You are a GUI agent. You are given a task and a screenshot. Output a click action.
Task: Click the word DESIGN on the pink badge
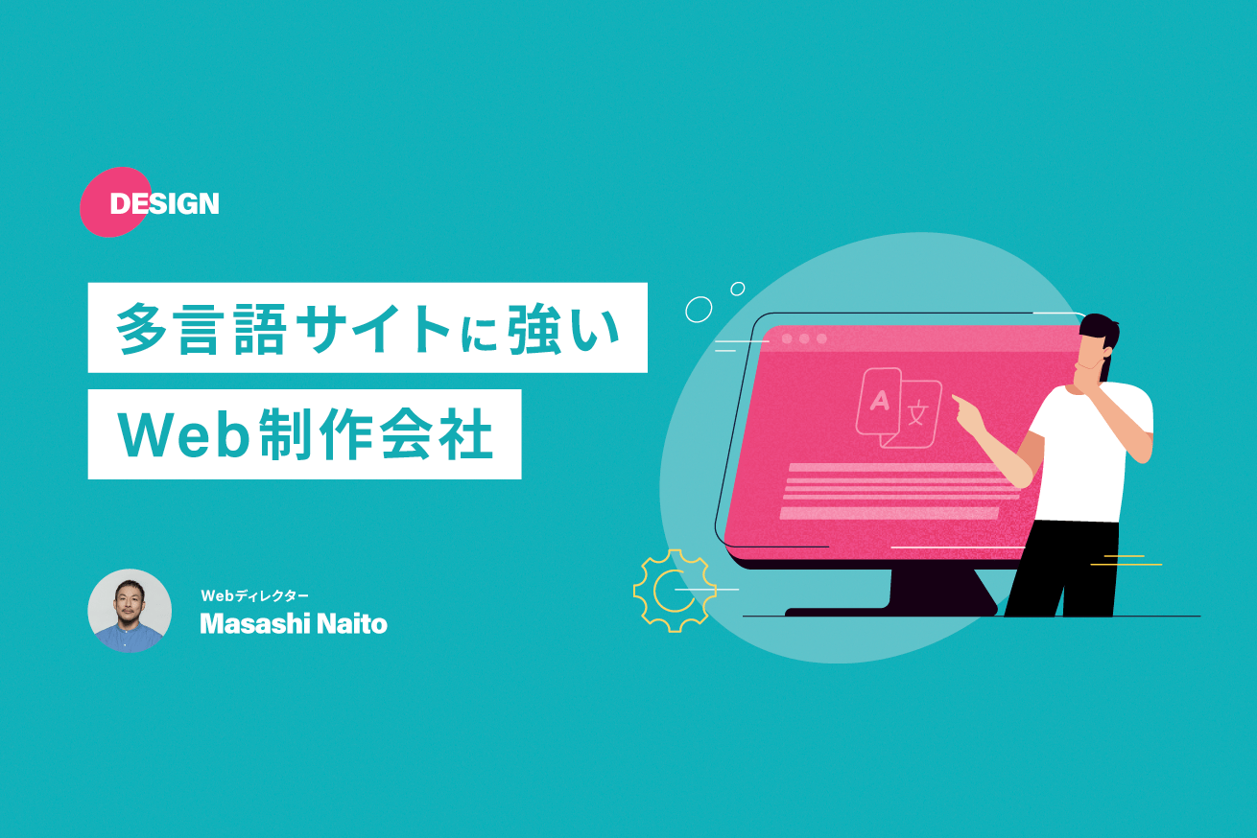164,203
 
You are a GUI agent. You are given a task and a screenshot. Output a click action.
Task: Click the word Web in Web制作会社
184,435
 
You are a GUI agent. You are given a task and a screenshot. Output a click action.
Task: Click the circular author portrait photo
130,611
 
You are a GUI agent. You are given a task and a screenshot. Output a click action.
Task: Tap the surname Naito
354,624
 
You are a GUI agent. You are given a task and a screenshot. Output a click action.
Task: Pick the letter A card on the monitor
878,403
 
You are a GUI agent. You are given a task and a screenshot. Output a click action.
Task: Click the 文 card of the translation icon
919,414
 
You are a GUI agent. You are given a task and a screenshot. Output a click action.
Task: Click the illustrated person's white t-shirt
1094,451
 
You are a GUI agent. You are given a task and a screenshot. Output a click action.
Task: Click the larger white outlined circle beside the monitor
699,309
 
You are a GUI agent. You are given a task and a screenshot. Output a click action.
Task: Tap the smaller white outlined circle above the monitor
738,289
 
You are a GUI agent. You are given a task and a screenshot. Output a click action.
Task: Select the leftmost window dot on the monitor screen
787,338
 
